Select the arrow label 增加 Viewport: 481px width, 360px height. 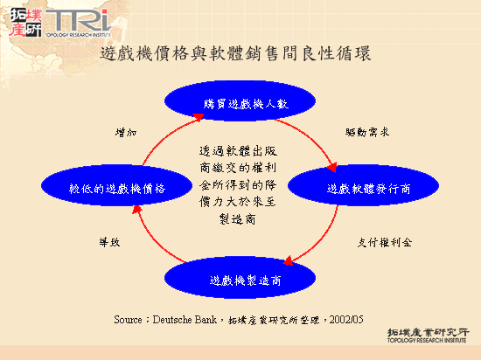[x=126, y=133]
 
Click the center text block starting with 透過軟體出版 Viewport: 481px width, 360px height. [x=238, y=184]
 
